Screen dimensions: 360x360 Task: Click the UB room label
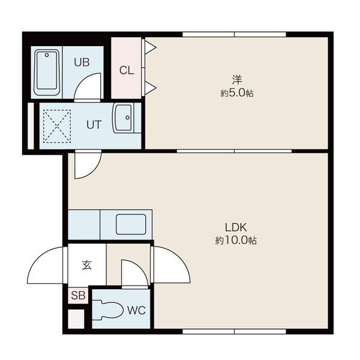(x=82, y=62)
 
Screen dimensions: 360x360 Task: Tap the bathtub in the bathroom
(x=47, y=73)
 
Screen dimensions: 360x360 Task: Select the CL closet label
(x=127, y=70)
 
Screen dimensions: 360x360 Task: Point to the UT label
(x=94, y=125)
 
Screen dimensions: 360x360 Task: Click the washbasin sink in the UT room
(x=123, y=118)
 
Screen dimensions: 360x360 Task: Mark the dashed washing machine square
(x=57, y=126)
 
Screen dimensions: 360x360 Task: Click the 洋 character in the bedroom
(x=237, y=80)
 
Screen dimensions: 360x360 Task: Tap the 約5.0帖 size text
(x=237, y=94)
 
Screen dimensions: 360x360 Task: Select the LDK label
(x=236, y=227)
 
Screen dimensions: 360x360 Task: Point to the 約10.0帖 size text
(x=236, y=241)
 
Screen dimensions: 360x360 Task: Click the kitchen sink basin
(x=131, y=224)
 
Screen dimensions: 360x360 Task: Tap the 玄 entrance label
(x=87, y=265)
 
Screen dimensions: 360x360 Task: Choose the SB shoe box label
(x=78, y=295)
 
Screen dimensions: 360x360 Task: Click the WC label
(x=136, y=311)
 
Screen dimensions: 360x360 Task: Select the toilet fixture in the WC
(x=107, y=310)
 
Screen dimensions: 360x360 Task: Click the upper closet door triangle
(x=150, y=48)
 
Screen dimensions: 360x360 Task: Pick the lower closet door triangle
(x=150, y=88)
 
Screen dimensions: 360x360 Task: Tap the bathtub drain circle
(x=47, y=55)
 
